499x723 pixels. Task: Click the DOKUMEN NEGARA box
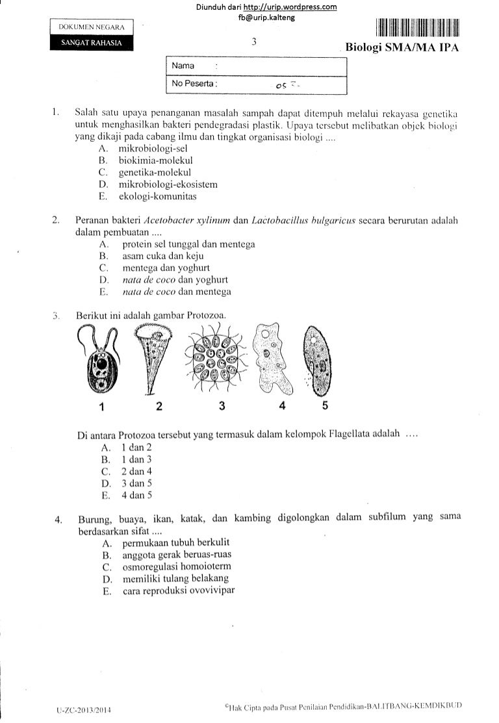pos(92,28)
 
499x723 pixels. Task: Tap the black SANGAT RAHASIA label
pos(92,44)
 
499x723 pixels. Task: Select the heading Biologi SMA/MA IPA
pos(402,48)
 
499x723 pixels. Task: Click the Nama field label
pos(184,66)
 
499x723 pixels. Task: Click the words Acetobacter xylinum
pos(185,220)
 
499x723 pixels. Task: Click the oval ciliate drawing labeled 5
pos(322,361)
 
